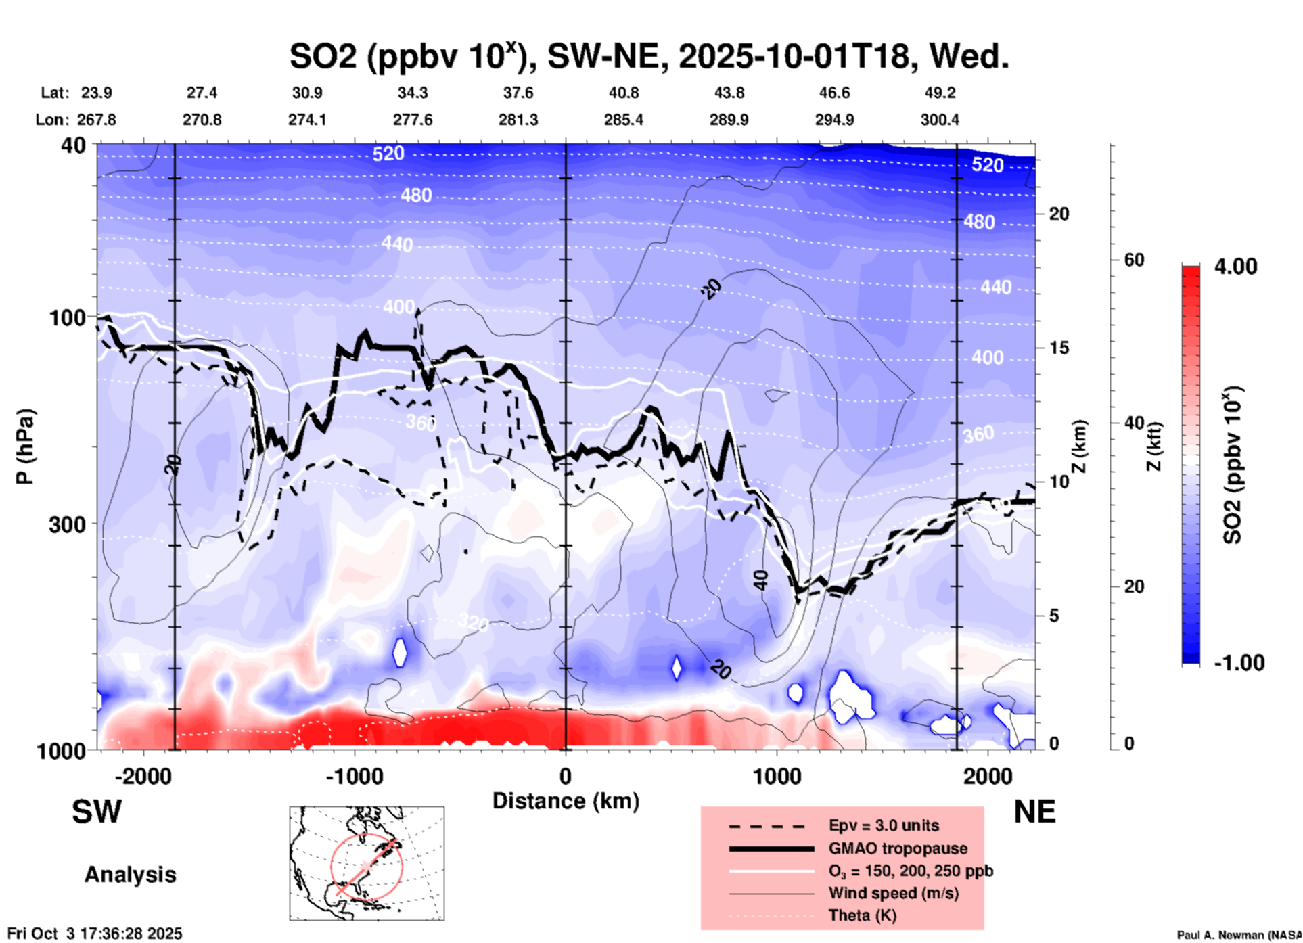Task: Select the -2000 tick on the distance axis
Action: (x=143, y=776)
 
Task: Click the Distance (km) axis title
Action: (x=566, y=801)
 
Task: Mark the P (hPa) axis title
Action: (x=25, y=446)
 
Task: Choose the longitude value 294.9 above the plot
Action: (x=834, y=120)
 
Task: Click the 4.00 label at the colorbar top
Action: (x=1235, y=267)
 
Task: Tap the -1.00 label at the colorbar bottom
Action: (x=1239, y=663)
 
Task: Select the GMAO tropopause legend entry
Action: (x=898, y=848)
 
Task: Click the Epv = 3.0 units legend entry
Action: (x=884, y=825)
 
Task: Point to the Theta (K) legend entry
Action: (x=862, y=915)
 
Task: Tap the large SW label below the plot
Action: (x=97, y=812)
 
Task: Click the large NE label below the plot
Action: (x=1034, y=812)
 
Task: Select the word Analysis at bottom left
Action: (x=130, y=875)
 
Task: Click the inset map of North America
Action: (x=367, y=863)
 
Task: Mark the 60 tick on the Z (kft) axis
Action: (x=1133, y=260)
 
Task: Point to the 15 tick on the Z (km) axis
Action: (x=1058, y=348)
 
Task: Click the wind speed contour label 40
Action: (x=761, y=580)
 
